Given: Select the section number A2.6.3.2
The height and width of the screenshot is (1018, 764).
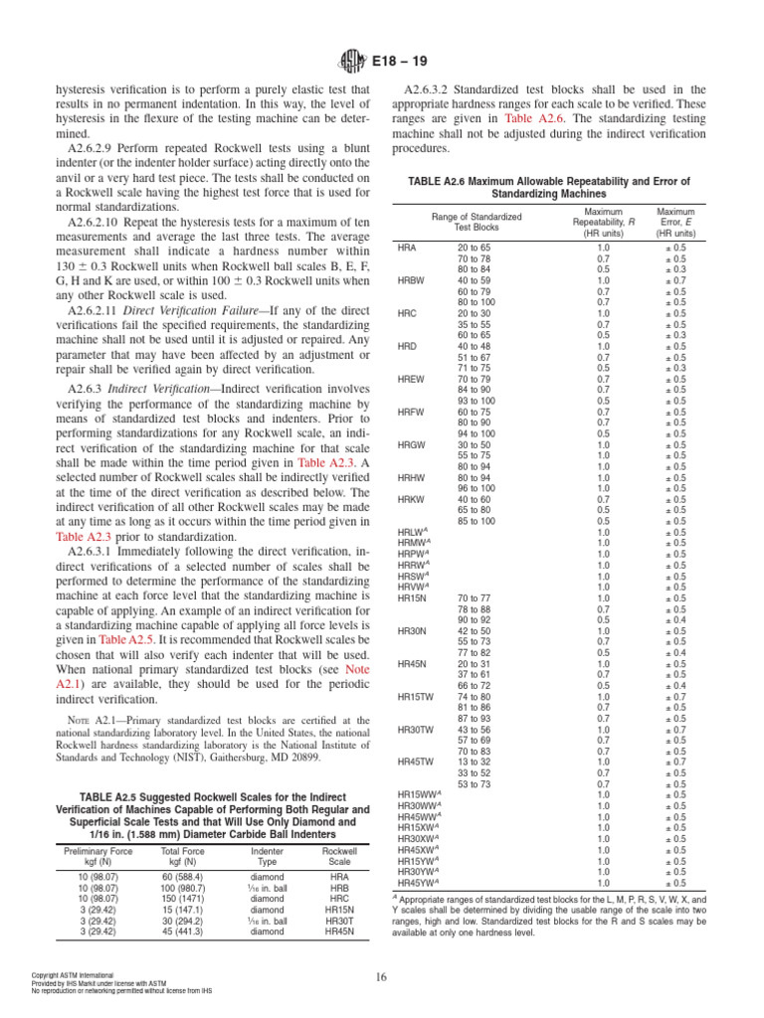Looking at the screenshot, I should (438, 89).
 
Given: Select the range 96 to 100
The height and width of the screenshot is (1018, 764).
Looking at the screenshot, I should (476, 488).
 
